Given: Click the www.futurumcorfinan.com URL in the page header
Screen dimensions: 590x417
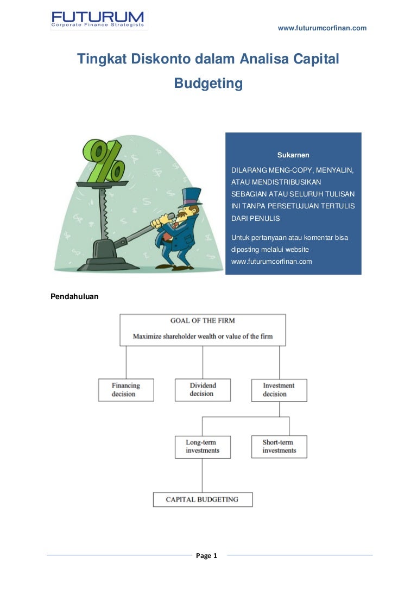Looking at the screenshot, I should pyautogui.click(x=322, y=28).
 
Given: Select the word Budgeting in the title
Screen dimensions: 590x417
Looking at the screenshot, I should pyautogui.click(x=208, y=84).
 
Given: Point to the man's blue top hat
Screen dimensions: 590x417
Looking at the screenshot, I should pyautogui.click(x=191, y=196).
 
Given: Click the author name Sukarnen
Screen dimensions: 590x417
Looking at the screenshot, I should pyautogui.click(x=293, y=155).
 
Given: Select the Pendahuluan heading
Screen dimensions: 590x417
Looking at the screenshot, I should pyautogui.click(x=74, y=296).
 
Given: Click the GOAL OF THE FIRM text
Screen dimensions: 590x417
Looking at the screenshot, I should pyautogui.click(x=203, y=321).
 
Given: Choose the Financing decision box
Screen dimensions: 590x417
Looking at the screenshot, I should pyautogui.click(x=126, y=390).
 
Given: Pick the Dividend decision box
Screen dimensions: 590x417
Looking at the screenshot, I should pyautogui.click(x=203, y=390).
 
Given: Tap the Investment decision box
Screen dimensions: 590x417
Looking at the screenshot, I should pyautogui.click(x=279, y=390).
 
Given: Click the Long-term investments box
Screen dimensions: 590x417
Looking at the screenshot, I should pyautogui.click(x=203, y=446).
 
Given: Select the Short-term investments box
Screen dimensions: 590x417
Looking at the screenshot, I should pyautogui.click(x=279, y=446).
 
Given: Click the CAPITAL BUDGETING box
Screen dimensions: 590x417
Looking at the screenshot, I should pyautogui.click(x=203, y=499).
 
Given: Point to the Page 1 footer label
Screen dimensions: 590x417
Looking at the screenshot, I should pyautogui.click(x=206, y=555).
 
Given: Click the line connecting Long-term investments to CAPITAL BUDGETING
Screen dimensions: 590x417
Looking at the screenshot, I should pyautogui.click(x=203, y=475).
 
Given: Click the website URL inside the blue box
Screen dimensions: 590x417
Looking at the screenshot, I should pyautogui.click(x=271, y=261).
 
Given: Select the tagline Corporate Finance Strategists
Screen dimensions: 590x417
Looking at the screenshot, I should pyautogui.click(x=98, y=25).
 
